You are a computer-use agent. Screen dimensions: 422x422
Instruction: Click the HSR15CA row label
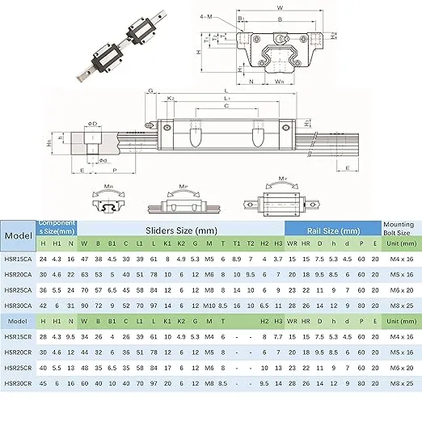pos(18,259)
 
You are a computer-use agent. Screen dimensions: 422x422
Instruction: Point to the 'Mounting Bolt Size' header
pos(399,230)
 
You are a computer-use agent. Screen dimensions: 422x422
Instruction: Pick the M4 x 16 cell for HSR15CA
pos(399,259)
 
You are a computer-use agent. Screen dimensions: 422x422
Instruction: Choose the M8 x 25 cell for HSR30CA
pos(399,305)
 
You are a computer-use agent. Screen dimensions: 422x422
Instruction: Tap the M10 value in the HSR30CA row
pos(209,305)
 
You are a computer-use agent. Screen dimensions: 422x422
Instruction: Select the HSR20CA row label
pos(18,274)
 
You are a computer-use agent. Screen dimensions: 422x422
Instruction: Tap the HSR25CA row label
pos(18,289)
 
